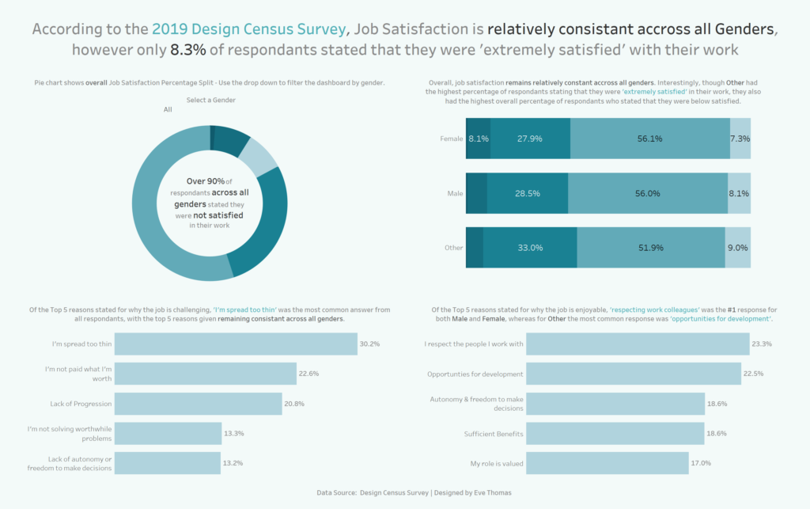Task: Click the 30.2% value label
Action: [369, 344]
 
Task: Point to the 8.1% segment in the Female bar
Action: [478, 139]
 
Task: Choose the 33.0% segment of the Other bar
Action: [529, 248]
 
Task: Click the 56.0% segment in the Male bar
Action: [647, 193]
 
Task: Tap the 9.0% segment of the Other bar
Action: [738, 248]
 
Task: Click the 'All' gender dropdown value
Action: [168, 110]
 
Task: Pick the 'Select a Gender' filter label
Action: [210, 100]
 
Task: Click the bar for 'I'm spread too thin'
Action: [237, 344]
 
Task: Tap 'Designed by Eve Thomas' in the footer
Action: [474, 492]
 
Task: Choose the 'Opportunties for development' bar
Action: [633, 374]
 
